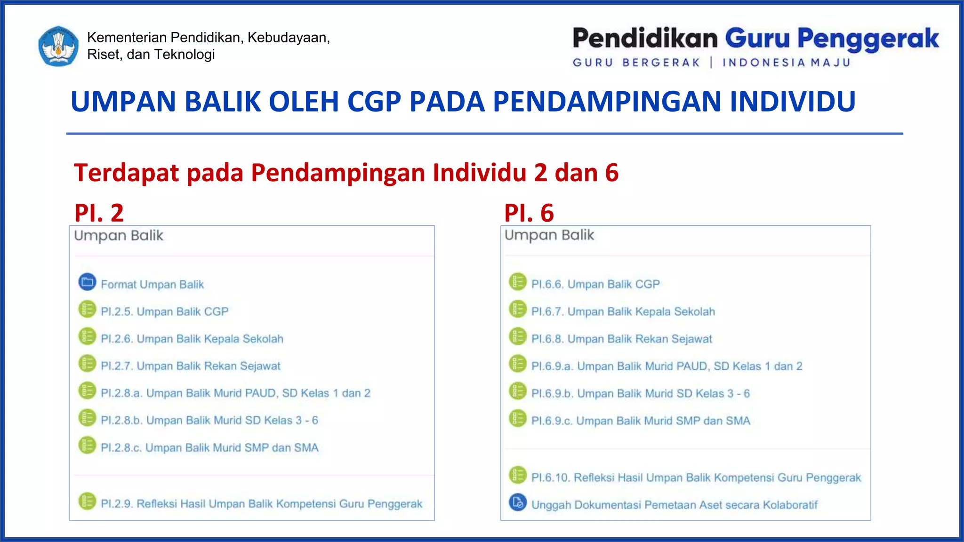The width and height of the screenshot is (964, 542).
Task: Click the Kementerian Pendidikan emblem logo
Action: click(x=58, y=46)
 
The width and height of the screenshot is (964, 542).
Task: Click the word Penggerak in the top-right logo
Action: click(x=868, y=39)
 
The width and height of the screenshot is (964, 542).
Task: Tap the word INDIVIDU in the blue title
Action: click(x=792, y=102)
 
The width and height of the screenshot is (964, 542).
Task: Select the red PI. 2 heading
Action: click(x=99, y=213)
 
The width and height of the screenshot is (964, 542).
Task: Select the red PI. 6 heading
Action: click(x=529, y=213)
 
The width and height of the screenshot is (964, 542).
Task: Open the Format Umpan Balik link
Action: click(x=152, y=285)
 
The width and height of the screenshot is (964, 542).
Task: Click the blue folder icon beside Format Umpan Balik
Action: click(x=87, y=282)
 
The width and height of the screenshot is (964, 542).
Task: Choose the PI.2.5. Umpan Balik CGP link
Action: click(x=164, y=311)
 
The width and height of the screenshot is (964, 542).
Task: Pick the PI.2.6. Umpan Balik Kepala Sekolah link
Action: click(x=192, y=339)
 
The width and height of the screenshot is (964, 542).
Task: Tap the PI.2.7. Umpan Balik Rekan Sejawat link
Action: click(x=190, y=366)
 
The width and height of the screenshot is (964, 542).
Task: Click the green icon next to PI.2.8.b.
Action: click(x=87, y=418)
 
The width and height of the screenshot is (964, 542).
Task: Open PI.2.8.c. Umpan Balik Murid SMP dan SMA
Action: click(x=209, y=447)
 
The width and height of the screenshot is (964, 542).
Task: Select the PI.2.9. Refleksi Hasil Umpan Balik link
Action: click(x=261, y=504)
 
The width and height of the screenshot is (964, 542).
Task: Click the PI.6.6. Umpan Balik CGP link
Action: click(x=595, y=284)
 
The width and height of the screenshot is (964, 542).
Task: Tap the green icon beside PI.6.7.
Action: click(x=518, y=309)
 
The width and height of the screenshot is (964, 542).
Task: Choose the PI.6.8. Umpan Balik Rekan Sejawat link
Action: click(x=621, y=339)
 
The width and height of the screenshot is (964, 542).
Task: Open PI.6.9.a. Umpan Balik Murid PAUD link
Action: click(x=667, y=366)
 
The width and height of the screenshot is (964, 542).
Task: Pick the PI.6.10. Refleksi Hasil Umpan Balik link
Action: click(x=696, y=478)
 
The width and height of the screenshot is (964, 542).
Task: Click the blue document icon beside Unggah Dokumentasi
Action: click(x=518, y=502)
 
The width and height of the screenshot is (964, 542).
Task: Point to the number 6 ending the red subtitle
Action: click(x=611, y=173)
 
